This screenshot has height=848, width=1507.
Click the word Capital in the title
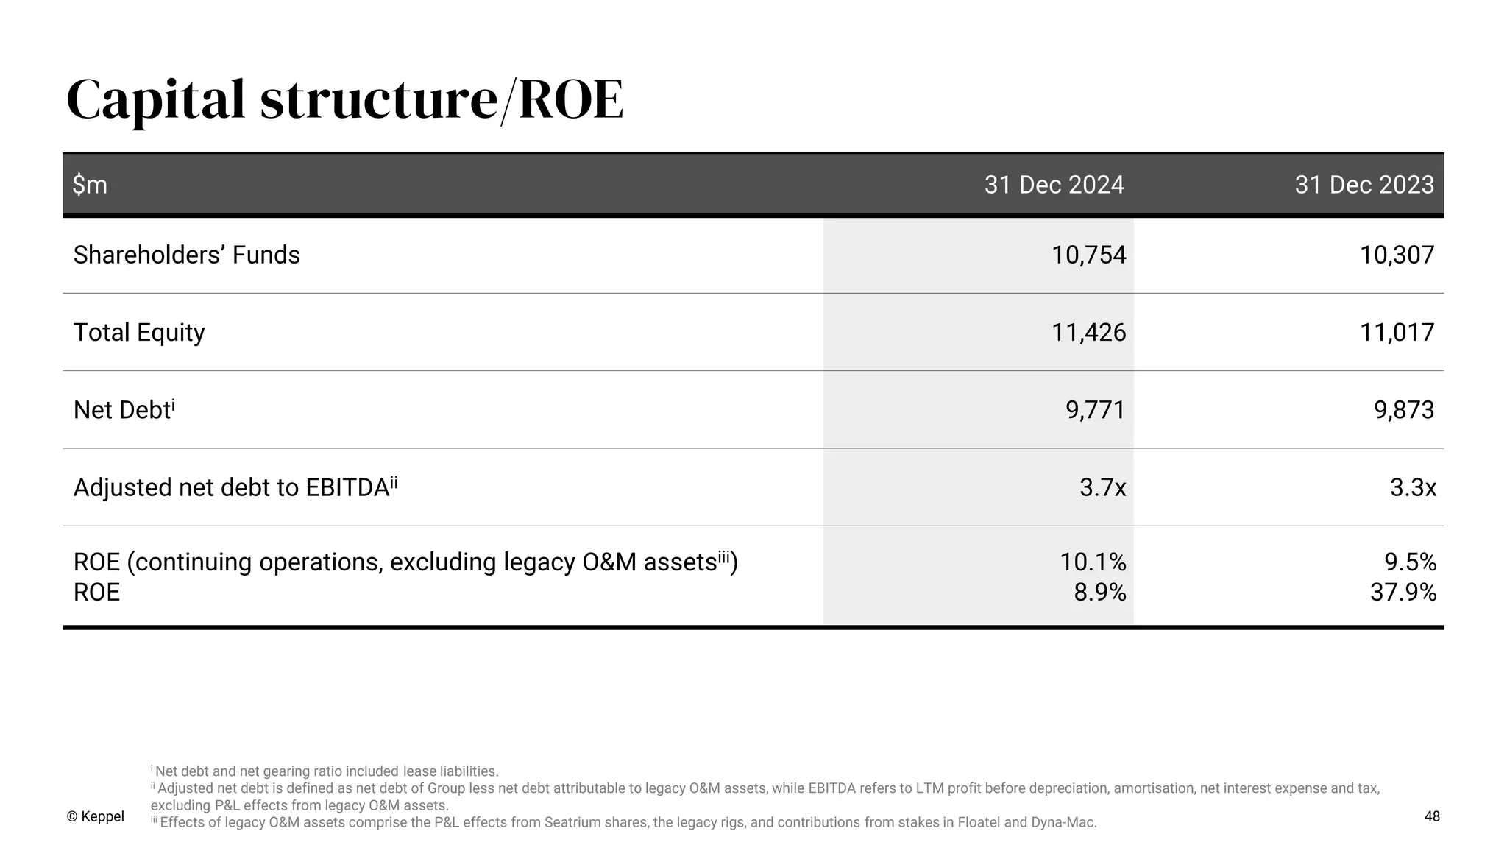[x=155, y=101]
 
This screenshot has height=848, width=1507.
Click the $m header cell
[x=90, y=184]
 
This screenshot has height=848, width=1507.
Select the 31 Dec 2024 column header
[x=1054, y=184]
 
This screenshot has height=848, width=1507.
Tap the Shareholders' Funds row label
[x=186, y=255]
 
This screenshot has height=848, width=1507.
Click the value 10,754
[x=1088, y=255]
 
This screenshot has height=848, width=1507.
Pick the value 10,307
[x=1397, y=255]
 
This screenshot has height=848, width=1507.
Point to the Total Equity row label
[x=139, y=332]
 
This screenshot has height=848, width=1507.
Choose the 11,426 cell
[x=1088, y=332]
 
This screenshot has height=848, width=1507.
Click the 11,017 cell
[x=1397, y=332]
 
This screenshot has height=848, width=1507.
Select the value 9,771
[x=1096, y=410]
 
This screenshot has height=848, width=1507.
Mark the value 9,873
[x=1404, y=410]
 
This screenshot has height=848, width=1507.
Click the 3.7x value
[x=1102, y=487]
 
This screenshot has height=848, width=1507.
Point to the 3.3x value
[x=1413, y=487]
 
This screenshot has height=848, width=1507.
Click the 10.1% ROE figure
[x=1093, y=562]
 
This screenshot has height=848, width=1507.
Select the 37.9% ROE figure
[x=1403, y=592]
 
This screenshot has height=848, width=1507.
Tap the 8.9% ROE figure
[x=1099, y=592]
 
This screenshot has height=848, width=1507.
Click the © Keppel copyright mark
[x=95, y=816]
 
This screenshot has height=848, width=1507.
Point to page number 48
[x=1432, y=816]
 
